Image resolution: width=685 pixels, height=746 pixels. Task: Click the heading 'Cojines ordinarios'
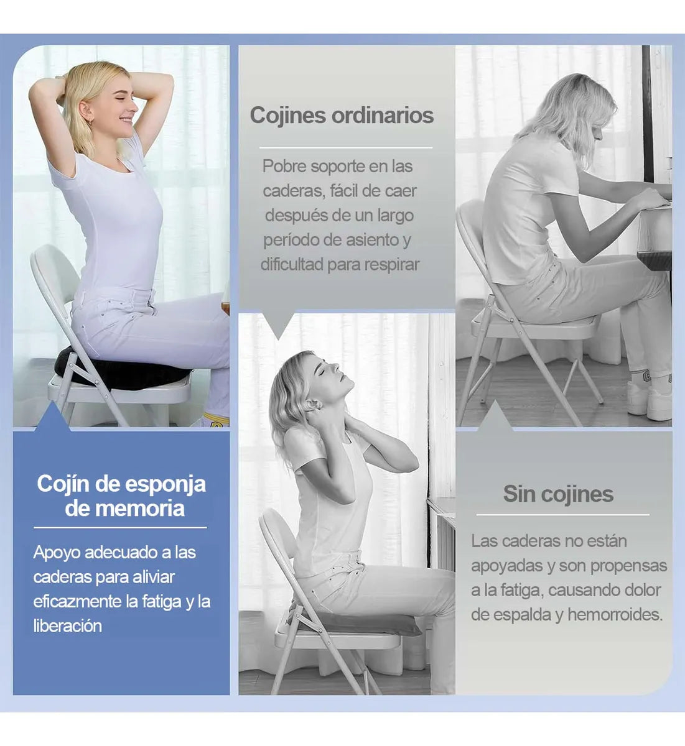click(342, 116)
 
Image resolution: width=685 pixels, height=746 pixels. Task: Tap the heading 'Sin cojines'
click(558, 494)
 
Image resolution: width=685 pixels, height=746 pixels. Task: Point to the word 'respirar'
click(391, 264)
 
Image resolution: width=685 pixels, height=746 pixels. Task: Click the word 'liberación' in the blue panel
click(67, 626)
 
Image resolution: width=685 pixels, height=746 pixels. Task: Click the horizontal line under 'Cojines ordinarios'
click(345, 148)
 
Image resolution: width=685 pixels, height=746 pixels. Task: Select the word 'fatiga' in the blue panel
click(161, 602)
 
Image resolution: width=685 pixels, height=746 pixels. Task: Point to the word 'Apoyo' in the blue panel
click(56, 553)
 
